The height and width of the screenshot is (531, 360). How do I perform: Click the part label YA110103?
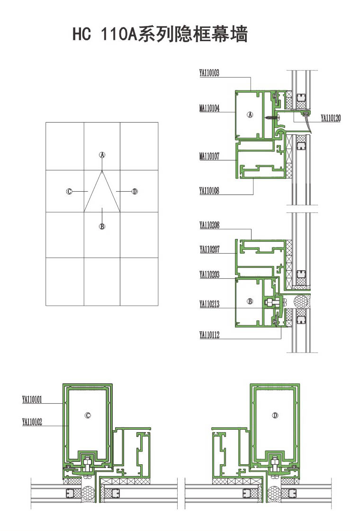pyautogui.click(x=209, y=73)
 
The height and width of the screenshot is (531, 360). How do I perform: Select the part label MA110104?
pyautogui.click(x=209, y=108)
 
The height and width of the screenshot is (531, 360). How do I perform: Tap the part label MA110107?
pyautogui.click(x=209, y=156)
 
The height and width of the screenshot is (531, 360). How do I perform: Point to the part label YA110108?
pyautogui.click(x=209, y=191)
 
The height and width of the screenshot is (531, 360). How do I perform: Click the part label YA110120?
pyautogui.click(x=331, y=118)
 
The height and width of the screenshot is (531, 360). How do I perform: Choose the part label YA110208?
pyautogui.click(x=209, y=225)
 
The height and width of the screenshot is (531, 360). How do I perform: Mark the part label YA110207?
pyautogui.click(x=209, y=249)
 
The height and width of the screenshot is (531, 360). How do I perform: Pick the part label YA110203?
pyautogui.click(x=209, y=274)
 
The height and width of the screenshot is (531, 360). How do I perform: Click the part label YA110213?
pyautogui.click(x=209, y=304)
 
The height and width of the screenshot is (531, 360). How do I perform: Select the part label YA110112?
pyautogui.click(x=209, y=335)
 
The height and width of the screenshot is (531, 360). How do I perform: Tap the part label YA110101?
pyautogui.click(x=32, y=399)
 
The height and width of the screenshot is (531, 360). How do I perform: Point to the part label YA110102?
pyautogui.click(x=32, y=422)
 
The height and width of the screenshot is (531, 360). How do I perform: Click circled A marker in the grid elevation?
pyautogui.click(x=102, y=155)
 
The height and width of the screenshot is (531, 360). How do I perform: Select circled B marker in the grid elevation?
pyautogui.click(x=102, y=226)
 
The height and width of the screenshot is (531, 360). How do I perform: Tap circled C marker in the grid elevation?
pyautogui.click(x=69, y=192)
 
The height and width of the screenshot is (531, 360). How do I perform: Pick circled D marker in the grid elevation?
pyautogui.click(x=135, y=192)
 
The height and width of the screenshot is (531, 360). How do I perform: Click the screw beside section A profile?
pyautogui.click(x=272, y=117)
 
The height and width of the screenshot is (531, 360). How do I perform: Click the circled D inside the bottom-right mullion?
pyautogui.click(x=275, y=415)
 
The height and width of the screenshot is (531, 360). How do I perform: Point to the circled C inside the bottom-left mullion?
pyautogui.click(x=88, y=415)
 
